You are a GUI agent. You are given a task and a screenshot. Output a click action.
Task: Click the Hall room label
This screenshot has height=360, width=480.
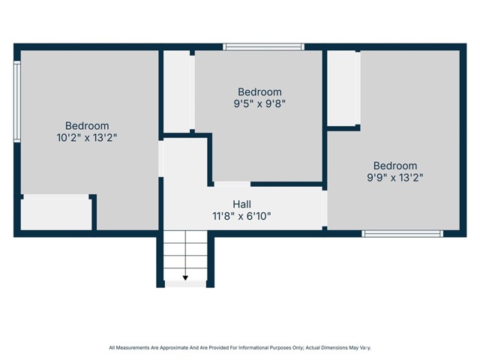(241, 204)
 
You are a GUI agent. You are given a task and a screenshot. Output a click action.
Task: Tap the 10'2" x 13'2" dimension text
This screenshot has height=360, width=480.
(87, 138)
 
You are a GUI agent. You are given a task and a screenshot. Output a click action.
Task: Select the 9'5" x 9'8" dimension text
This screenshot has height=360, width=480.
(259, 103)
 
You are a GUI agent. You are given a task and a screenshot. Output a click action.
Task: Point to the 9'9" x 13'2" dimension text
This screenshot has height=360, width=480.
(395, 178)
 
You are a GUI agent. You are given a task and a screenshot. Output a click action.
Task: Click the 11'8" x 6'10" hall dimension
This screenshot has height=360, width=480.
(241, 217)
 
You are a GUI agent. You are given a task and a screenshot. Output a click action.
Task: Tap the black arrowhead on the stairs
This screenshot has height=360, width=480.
(185, 278)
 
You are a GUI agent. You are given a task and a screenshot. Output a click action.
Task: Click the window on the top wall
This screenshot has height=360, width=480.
(263, 46)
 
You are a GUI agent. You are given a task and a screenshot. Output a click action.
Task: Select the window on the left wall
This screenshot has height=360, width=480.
(17, 101)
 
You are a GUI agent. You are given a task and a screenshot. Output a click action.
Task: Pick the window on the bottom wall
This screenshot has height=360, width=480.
(402, 233)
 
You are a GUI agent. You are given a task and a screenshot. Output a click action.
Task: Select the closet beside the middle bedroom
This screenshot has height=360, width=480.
(177, 91)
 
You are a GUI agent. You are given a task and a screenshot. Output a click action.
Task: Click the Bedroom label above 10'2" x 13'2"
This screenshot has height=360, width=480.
(87, 126)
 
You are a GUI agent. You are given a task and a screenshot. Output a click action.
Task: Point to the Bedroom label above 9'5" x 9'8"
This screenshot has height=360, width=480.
(259, 91)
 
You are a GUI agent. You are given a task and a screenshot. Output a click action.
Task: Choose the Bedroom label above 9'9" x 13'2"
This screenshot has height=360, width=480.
(395, 166)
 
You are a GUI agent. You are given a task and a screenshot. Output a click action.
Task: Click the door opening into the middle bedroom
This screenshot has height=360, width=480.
(232, 184)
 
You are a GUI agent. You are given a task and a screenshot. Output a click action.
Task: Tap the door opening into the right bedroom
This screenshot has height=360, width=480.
(325, 208)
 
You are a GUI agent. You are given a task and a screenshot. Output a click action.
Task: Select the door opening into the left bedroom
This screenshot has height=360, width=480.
(160, 158)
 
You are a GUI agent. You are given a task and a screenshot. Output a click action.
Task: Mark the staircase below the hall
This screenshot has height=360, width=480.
(185, 259)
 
